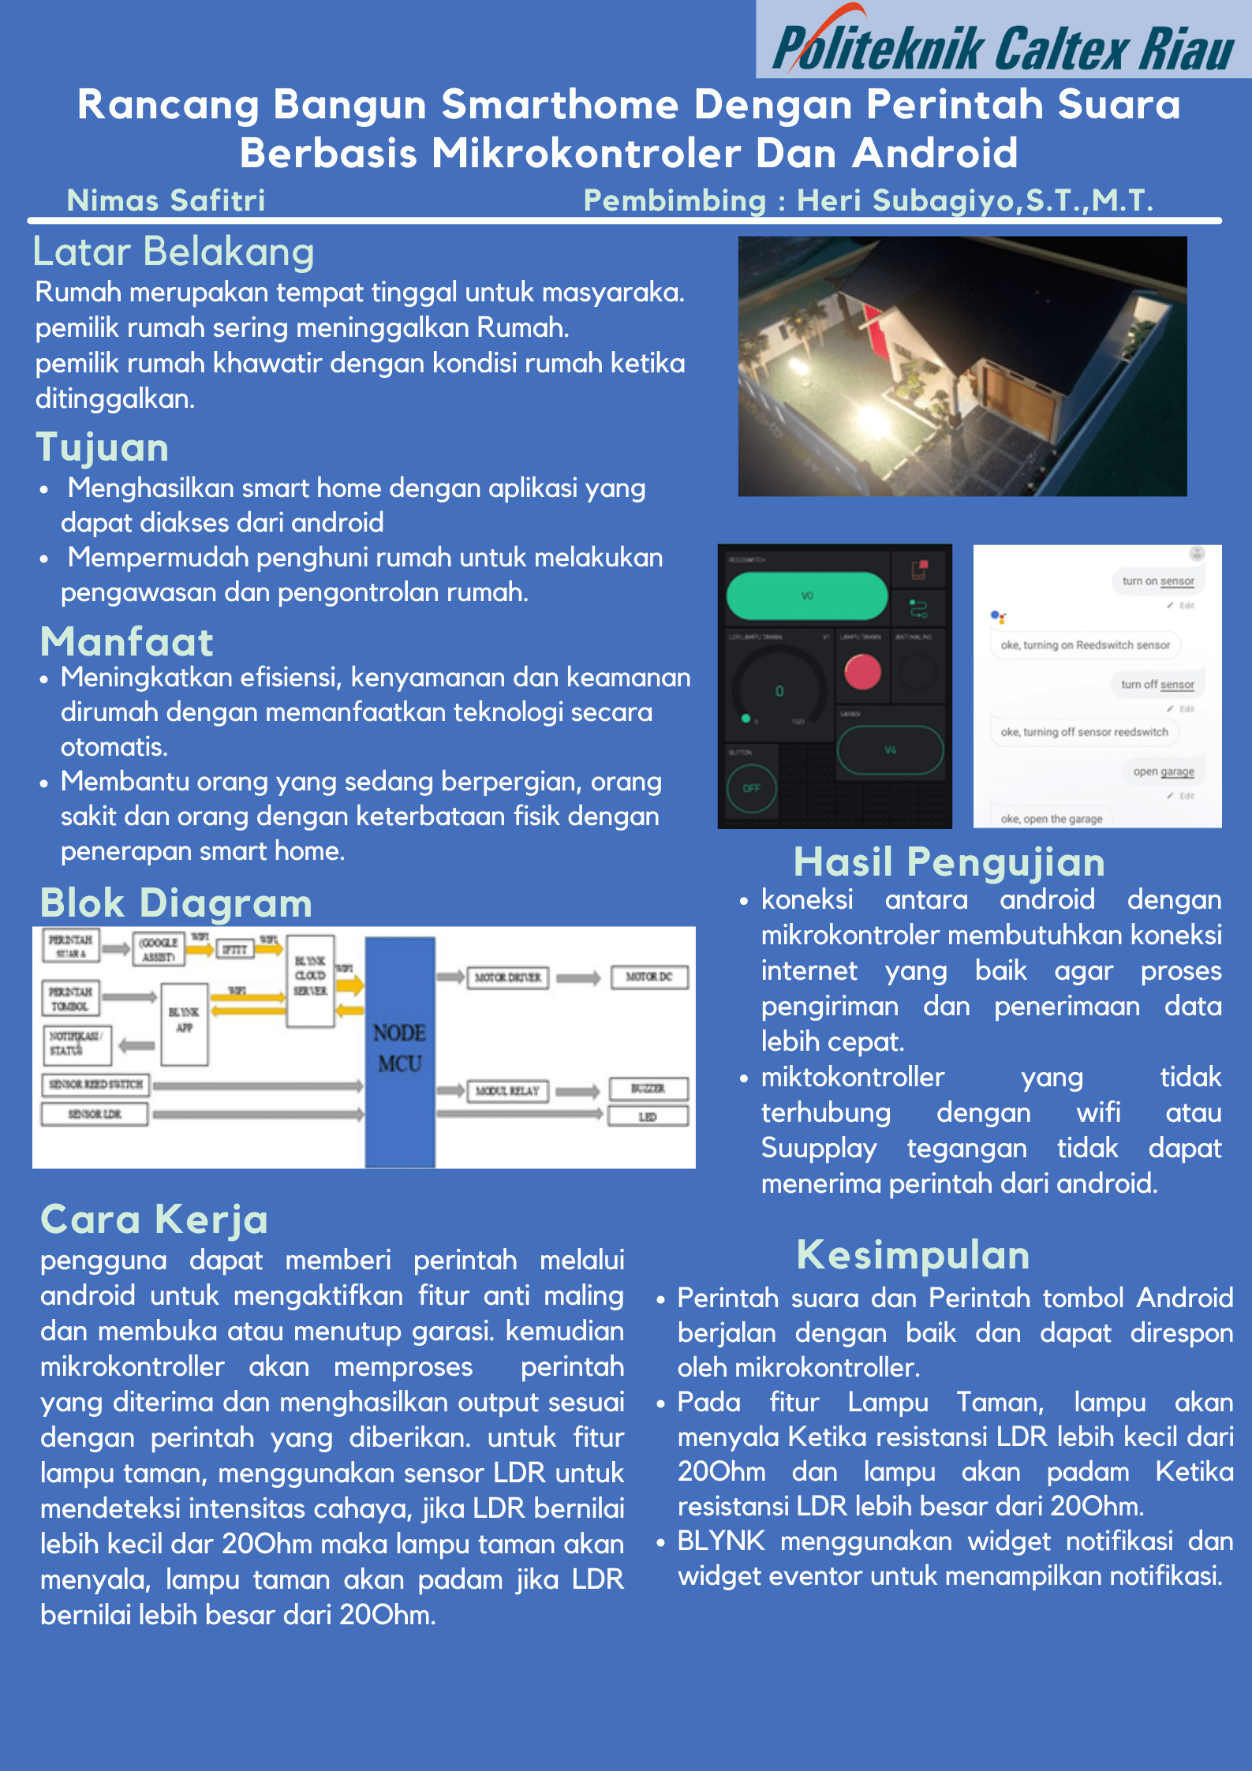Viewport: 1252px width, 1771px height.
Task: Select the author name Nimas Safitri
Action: click(x=166, y=200)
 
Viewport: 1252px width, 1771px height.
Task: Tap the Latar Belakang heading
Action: click(x=174, y=252)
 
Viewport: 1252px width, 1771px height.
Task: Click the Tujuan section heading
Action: click(x=103, y=447)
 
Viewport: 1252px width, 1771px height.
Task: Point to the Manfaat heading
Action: click(x=126, y=641)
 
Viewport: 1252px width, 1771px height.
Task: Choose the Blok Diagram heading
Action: click(x=176, y=903)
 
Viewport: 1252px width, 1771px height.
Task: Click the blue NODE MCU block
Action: click(x=399, y=1049)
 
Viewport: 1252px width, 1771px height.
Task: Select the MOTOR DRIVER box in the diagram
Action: click(x=507, y=977)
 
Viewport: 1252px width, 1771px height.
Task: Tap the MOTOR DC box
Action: click(x=648, y=977)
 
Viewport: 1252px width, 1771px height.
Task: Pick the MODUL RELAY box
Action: click(x=506, y=1091)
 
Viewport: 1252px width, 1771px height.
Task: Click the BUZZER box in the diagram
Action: click(x=648, y=1089)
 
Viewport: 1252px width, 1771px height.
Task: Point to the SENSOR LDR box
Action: click(x=95, y=1114)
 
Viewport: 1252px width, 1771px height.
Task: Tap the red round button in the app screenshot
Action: click(x=862, y=672)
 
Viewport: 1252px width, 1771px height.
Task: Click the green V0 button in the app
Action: click(x=807, y=596)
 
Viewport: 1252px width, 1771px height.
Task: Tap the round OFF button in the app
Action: click(x=751, y=788)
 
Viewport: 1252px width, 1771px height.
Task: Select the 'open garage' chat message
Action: click(x=1163, y=772)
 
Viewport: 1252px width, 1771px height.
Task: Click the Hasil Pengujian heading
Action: click(x=949, y=861)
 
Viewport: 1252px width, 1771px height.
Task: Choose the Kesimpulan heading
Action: click(x=913, y=1255)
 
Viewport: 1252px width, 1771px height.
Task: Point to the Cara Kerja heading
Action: click(x=154, y=1220)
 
